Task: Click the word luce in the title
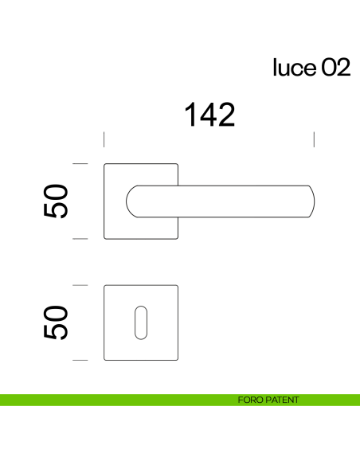(x=295, y=68)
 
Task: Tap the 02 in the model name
(x=335, y=68)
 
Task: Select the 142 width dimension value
(x=209, y=115)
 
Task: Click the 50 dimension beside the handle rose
(x=57, y=201)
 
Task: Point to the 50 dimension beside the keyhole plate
(x=57, y=322)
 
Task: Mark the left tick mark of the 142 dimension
(x=105, y=140)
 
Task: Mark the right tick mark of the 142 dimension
(x=315, y=140)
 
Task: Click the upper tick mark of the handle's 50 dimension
(x=80, y=163)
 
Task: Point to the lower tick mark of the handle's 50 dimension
(x=80, y=238)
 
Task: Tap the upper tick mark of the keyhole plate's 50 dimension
(x=80, y=284)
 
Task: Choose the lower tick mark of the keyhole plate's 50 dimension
(x=80, y=360)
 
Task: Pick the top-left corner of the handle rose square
(x=106, y=164)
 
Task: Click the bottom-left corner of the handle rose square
(x=106, y=237)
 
